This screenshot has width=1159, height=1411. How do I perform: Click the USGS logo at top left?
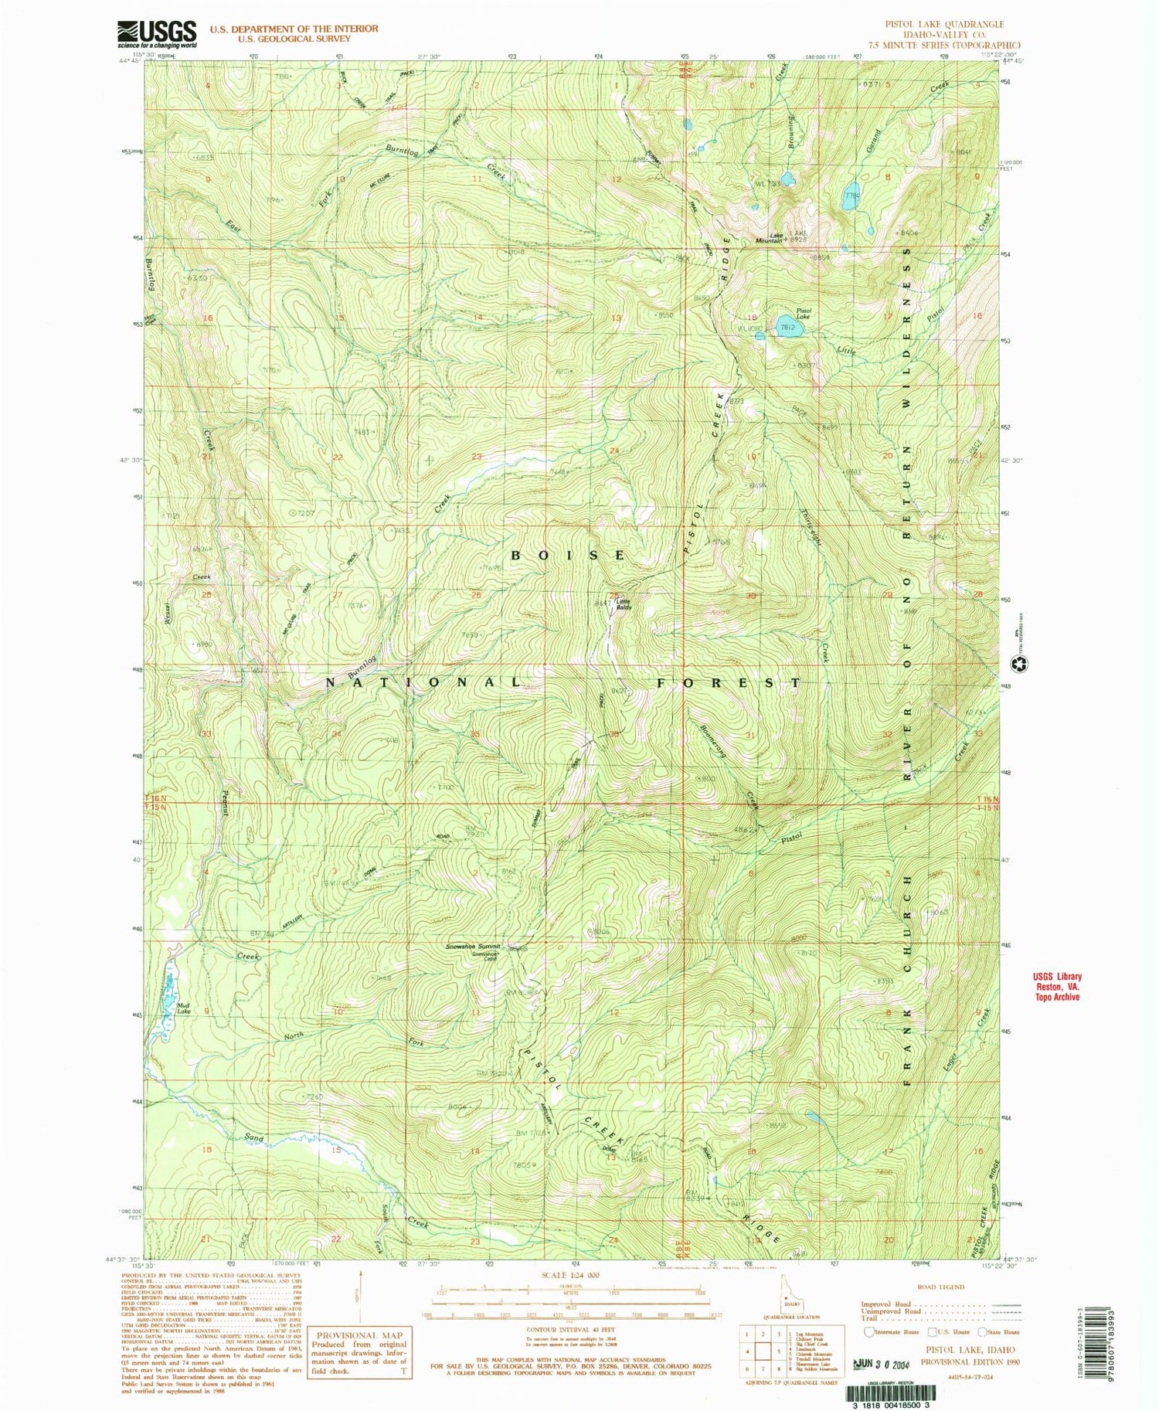coord(157,34)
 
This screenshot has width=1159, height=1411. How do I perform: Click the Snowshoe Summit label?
coord(473,947)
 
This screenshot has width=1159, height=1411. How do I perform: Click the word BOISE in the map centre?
coord(569,555)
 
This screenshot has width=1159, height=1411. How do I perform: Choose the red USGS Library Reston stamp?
coord(1057,987)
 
